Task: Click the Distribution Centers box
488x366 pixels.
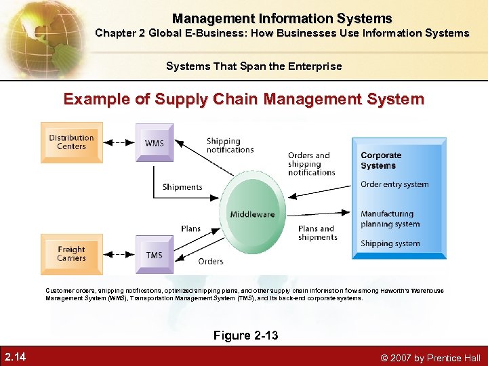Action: pos(71,142)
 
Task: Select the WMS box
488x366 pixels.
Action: pos(154,143)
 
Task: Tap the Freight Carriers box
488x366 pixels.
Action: pos(71,254)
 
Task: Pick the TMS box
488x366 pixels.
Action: pos(154,255)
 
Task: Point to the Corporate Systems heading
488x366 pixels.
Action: pos(382,161)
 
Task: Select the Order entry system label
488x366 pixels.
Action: pos(394,184)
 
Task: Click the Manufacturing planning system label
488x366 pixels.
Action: pos(390,219)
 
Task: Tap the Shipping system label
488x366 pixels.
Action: pos(390,243)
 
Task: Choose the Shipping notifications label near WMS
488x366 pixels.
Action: pos(230,146)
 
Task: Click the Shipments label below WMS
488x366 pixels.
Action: pos(182,187)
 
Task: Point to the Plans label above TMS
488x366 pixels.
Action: pos(191,228)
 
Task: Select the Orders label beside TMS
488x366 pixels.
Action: pos(211,262)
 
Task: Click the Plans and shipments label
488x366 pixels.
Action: pos(317,233)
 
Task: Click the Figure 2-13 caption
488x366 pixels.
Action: pos(245,335)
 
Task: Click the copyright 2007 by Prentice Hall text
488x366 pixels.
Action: pos(430,357)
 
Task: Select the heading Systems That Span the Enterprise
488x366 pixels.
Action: pos(253,66)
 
